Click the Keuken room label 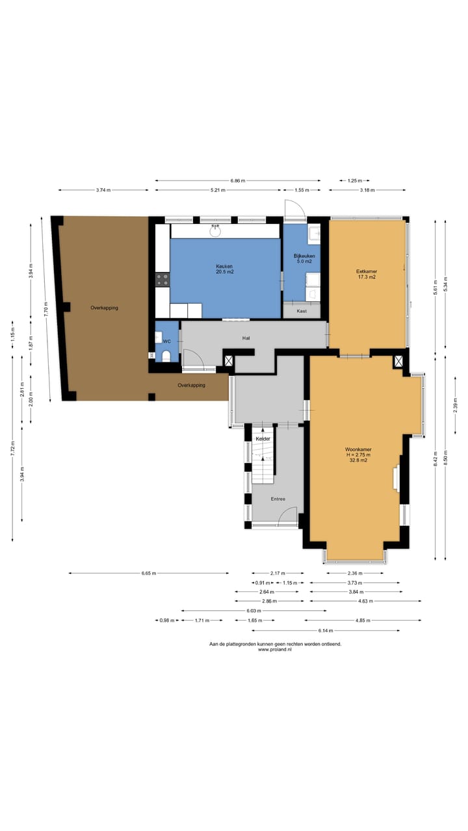pyautogui.click(x=225, y=266)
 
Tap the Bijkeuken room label pyautogui.click(x=304, y=256)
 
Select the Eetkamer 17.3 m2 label pyautogui.click(x=367, y=274)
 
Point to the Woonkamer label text pyautogui.click(x=358, y=449)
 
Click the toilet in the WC pyautogui.click(x=166, y=356)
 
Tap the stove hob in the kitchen pyautogui.click(x=162, y=279)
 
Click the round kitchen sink pyautogui.click(x=215, y=231)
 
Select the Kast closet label pyautogui.click(x=302, y=311)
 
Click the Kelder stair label pyautogui.click(x=263, y=439)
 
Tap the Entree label pyautogui.click(x=278, y=499)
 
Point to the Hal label pyautogui.click(x=246, y=338)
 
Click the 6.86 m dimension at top pyautogui.click(x=238, y=180)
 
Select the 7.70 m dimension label pyautogui.click(x=45, y=308)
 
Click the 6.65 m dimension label pyautogui.click(x=149, y=573)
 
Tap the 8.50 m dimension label pyautogui.click(x=445, y=458)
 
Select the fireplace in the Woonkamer pyautogui.click(x=396, y=478)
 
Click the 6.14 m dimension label pyautogui.click(x=326, y=630)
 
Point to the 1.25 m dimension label pyautogui.click(x=355, y=180)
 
